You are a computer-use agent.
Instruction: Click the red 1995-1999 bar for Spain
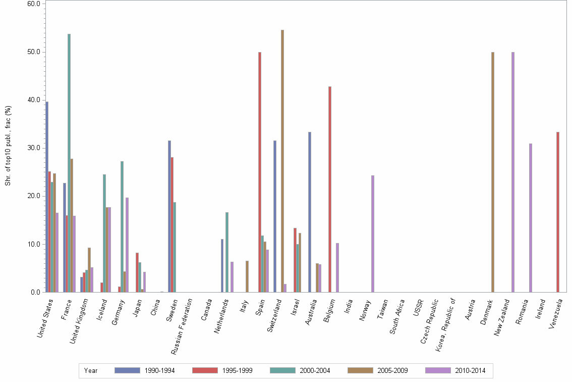pos(260,172)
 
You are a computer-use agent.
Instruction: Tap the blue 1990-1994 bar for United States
pos(47,197)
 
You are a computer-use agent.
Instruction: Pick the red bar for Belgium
pos(330,189)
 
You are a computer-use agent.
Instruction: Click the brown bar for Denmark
pos(492,172)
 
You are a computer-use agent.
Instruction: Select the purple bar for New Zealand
pos(513,172)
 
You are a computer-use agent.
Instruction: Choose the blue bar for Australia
pos(310,212)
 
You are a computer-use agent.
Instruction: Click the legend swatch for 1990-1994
pos(127,370)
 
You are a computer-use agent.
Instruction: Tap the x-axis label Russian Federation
pos(181,325)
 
